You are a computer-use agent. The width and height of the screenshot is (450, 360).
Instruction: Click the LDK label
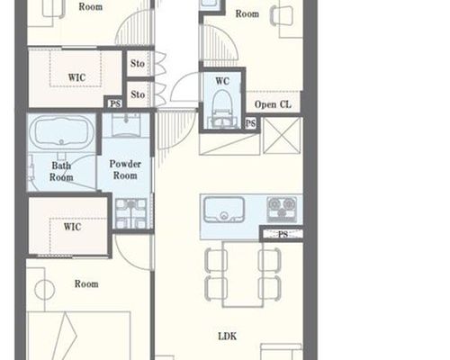pyautogui.click(x=227, y=337)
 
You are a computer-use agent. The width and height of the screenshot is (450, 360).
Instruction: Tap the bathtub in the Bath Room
pyautogui.click(x=62, y=132)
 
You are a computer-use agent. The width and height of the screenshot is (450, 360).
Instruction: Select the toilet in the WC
pyautogui.click(x=222, y=109)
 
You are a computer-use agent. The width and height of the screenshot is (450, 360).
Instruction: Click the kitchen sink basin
pyautogui.click(x=224, y=210)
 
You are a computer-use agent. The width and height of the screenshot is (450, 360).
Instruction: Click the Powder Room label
pyautogui.click(x=125, y=169)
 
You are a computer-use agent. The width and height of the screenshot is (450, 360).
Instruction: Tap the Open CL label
pyautogui.click(x=273, y=104)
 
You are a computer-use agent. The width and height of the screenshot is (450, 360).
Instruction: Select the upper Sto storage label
pyautogui.click(x=138, y=64)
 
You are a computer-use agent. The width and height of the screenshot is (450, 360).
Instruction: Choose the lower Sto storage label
pyautogui.click(x=138, y=94)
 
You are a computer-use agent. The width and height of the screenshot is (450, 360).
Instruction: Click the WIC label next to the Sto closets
pyautogui.click(x=76, y=77)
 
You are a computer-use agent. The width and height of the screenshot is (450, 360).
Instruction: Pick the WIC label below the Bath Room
pyautogui.click(x=72, y=227)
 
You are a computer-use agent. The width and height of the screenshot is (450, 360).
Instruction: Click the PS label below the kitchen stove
pyautogui.click(x=283, y=234)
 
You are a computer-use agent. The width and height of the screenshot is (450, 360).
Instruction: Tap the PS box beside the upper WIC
pyautogui.click(x=115, y=103)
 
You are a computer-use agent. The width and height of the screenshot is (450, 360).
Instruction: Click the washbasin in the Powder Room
pyautogui.click(x=126, y=125)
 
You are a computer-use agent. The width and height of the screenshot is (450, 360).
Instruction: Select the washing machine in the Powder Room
pyautogui.click(x=131, y=213)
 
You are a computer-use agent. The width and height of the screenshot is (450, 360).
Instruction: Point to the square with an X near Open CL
pyautogui.click(x=282, y=136)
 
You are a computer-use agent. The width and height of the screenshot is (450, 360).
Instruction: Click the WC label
pyautogui.click(x=222, y=81)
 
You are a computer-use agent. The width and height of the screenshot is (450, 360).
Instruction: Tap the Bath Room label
pyautogui.click(x=61, y=171)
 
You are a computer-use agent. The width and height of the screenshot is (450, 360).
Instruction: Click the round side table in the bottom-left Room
pyautogui.click(x=45, y=290)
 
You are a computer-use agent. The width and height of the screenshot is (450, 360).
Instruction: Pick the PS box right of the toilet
pyautogui.click(x=250, y=123)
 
